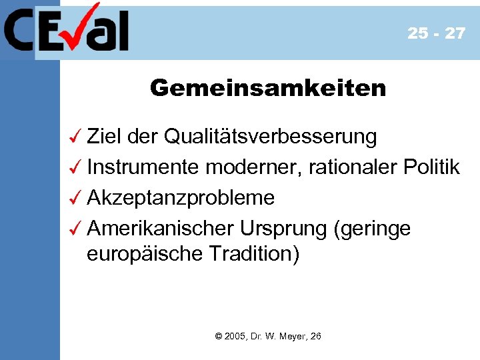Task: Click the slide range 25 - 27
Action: tap(437, 33)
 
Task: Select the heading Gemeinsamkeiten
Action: tap(268, 88)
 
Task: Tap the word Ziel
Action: tap(103, 137)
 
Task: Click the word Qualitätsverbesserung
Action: tap(270, 137)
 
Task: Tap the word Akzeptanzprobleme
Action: tap(181, 197)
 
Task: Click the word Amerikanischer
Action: tap(160, 228)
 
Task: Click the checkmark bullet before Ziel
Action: tap(75, 137)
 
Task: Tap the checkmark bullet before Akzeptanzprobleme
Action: tap(75, 197)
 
